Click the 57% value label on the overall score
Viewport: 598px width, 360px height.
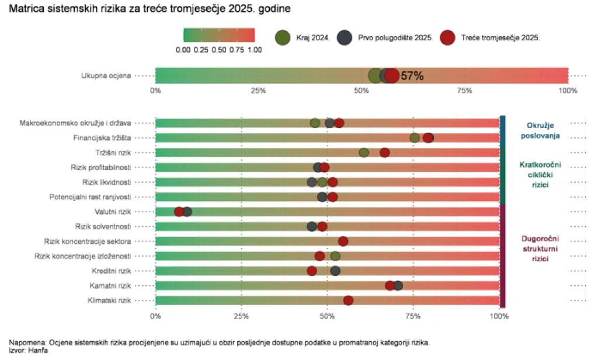coord(412,76)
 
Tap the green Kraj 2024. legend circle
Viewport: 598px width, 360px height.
coord(283,37)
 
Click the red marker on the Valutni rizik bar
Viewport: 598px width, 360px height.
coord(179,212)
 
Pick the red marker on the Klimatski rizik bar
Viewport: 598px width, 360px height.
coord(348,300)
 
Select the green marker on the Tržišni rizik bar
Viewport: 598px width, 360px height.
coord(364,153)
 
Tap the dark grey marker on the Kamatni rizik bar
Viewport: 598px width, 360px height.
coord(398,285)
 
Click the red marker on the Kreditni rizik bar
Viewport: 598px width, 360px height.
coord(312,271)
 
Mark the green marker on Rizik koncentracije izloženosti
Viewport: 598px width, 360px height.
coord(335,256)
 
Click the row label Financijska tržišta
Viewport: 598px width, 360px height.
coord(102,138)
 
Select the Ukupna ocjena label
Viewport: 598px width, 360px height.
coord(106,75)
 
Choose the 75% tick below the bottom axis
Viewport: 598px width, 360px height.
coord(413,316)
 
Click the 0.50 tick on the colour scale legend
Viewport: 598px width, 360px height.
coord(219,50)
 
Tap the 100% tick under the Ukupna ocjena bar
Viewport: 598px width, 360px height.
coord(567,91)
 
